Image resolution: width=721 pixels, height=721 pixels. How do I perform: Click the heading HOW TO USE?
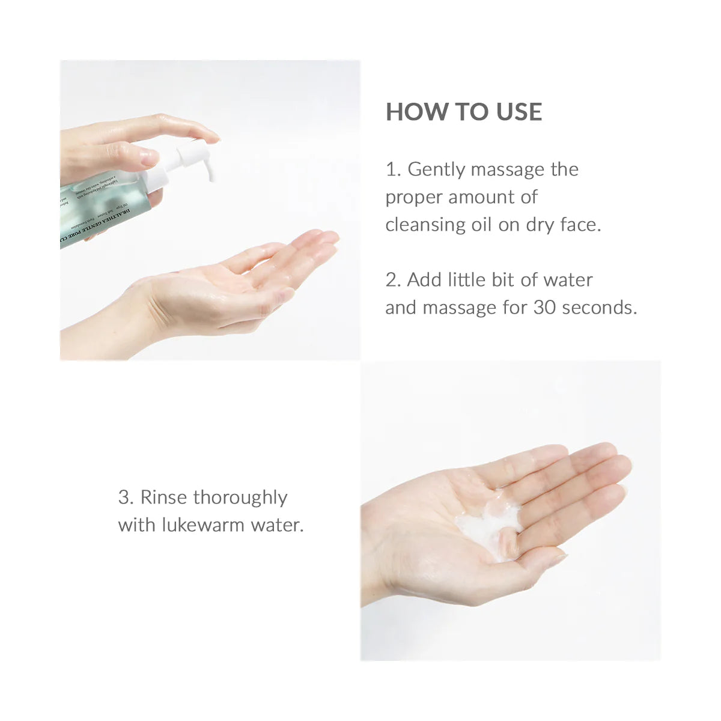coord(463,112)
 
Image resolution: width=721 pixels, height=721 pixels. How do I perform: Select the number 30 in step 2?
coord(544,308)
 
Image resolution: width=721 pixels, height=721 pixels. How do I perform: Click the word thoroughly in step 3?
coord(240,498)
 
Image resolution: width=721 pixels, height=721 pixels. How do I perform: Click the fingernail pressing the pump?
coord(148,157)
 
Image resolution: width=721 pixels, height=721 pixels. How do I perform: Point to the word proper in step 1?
coord(413,198)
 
